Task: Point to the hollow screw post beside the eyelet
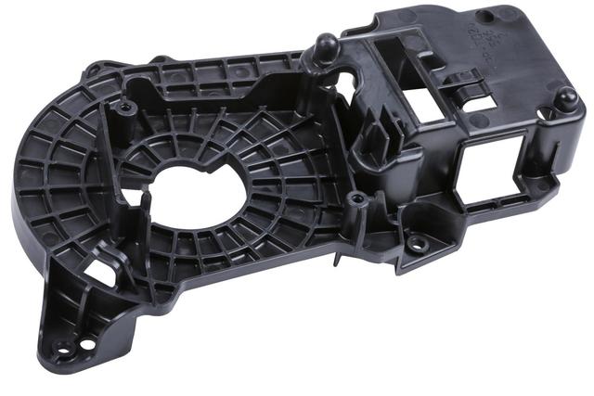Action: tap(354, 200)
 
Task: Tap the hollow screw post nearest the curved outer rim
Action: tap(126, 109)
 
